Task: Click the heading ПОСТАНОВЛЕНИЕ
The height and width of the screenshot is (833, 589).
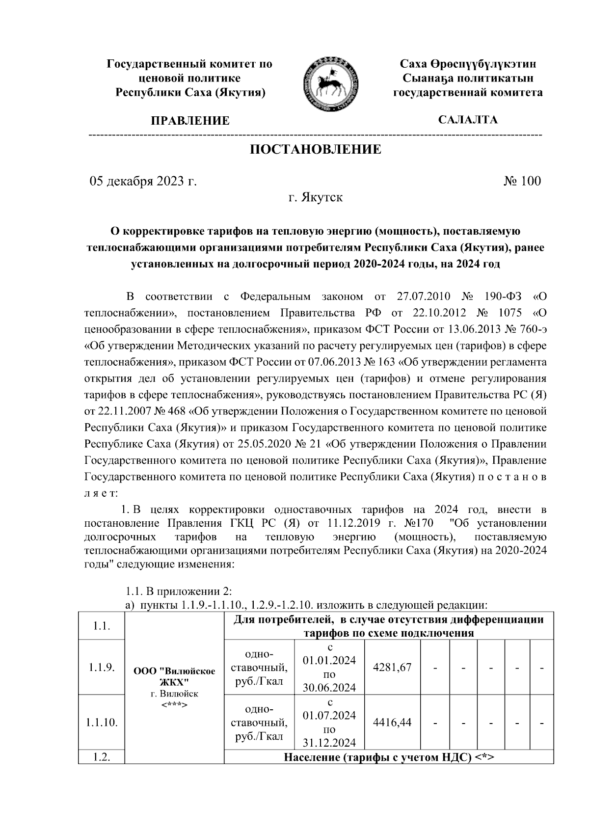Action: (316, 150)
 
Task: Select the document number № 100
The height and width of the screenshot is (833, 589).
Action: (522, 182)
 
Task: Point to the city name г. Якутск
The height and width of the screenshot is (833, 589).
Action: (315, 198)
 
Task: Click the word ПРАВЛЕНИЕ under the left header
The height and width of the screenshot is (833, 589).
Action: (190, 121)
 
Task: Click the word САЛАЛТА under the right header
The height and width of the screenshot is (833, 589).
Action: (468, 120)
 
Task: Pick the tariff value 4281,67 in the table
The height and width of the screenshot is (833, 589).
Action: (392, 667)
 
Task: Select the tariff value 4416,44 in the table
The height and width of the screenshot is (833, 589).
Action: (392, 722)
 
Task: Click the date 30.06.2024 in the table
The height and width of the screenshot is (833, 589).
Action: (329, 688)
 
